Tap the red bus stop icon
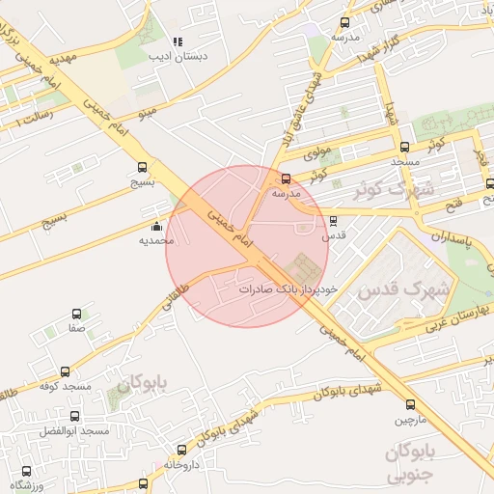286,178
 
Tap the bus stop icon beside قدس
333,219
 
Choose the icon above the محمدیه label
156,224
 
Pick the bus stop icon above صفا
77,314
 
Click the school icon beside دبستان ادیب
178,42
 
